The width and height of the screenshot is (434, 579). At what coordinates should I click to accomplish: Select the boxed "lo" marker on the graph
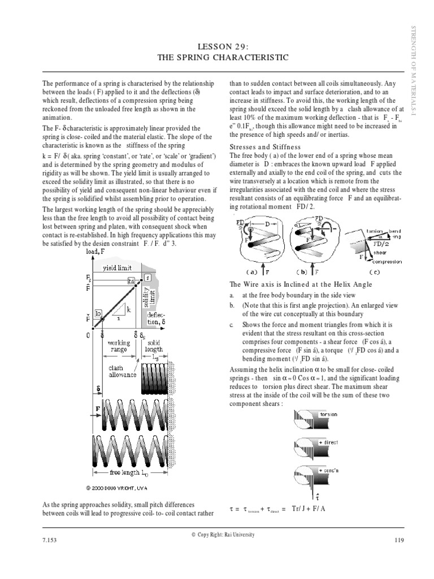(x=98, y=313)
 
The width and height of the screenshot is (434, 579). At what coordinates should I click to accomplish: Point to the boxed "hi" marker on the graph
(x=131, y=280)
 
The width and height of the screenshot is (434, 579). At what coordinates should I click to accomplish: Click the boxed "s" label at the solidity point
(x=147, y=277)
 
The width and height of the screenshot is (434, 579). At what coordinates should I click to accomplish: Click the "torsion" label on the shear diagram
(x=329, y=414)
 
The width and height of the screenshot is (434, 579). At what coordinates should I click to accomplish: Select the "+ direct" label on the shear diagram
(x=329, y=443)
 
